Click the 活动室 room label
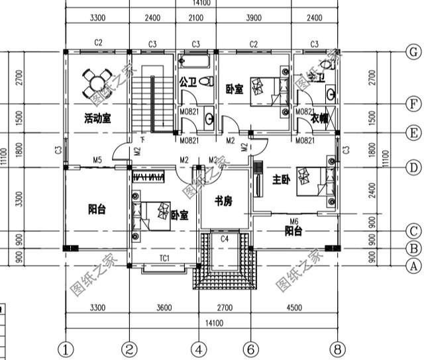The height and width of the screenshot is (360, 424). coord(97,118)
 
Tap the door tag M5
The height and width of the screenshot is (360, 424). coord(97,159)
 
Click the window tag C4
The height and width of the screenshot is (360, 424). coord(225,238)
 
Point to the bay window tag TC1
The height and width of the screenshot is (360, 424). coord(165,257)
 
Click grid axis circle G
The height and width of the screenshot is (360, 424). coord(412,52)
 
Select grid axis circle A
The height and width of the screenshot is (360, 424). coord(412,265)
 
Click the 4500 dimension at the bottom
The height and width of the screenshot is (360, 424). coord(294,307)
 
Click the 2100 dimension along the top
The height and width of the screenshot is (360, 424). coord(196,19)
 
